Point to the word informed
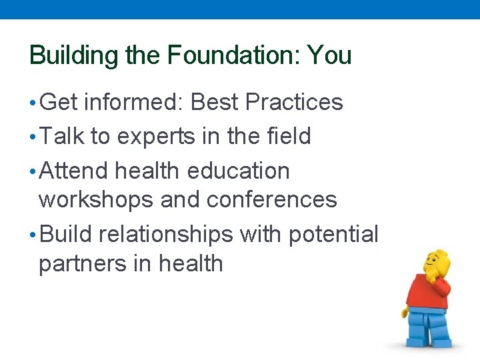pos(133,103)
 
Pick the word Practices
pos(294,103)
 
